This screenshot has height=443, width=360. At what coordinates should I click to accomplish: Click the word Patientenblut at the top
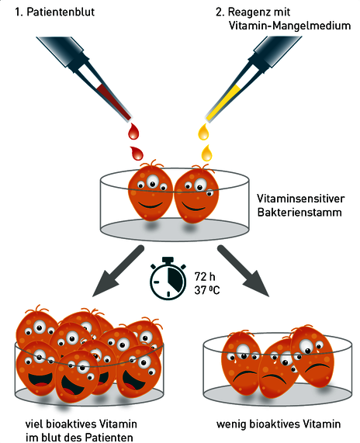tap(61, 12)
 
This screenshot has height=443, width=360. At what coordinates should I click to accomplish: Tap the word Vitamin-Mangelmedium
tap(289, 26)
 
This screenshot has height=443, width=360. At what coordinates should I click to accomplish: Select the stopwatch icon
tap(168, 278)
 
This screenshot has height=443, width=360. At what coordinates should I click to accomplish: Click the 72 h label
tap(205, 276)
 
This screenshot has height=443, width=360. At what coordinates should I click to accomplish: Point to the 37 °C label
tap(207, 290)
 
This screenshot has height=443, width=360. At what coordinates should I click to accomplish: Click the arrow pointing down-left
tap(119, 271)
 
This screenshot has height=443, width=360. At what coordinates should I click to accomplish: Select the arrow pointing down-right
tap(243, 271)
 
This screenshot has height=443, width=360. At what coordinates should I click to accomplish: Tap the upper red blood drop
tap(133, 131)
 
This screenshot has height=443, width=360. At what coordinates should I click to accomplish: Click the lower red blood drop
tap(137, 154)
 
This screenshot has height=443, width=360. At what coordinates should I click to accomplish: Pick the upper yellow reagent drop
tap(204, 132)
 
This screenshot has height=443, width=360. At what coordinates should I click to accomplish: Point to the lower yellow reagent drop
tap(207, 153)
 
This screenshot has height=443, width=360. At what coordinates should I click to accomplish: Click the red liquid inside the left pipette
tap(113, 102)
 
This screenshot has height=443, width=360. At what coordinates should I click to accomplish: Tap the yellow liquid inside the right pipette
tap(223, 103)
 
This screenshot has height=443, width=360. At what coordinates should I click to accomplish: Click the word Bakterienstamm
tap(299, 212)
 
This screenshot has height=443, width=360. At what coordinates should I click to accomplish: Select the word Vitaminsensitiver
tap(301, 199)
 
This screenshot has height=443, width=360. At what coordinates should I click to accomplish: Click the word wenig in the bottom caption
tap(231, 424)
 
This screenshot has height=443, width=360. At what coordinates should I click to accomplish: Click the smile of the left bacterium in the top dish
tap(151, 204)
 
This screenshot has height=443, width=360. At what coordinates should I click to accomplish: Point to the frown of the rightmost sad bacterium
tap(317, 367)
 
